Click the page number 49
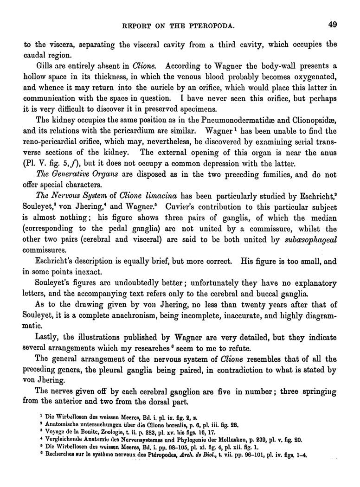[331, 25]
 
